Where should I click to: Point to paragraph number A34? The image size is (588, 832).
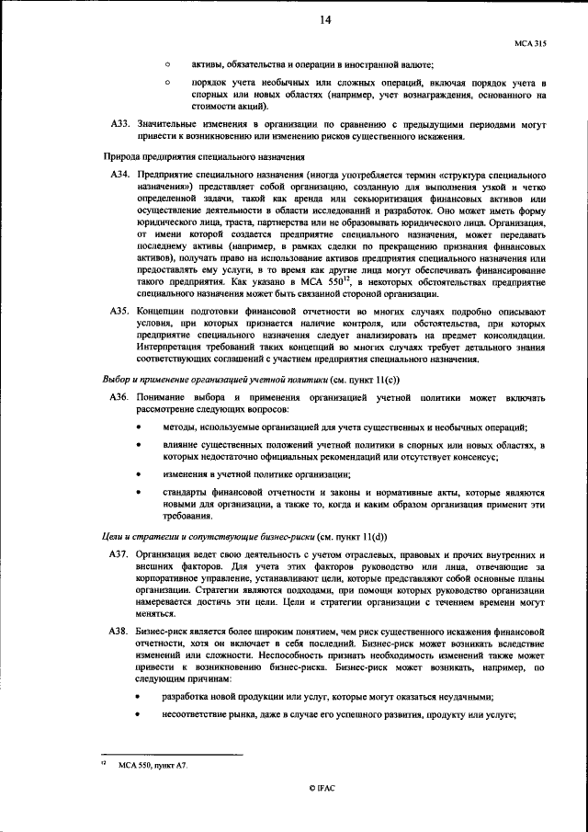pyautogui.click(x=120, y=173)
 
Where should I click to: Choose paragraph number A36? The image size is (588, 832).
pyautogui.click(x=120, y=397)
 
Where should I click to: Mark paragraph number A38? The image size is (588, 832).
pyautogui.click(x=120, y=634)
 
